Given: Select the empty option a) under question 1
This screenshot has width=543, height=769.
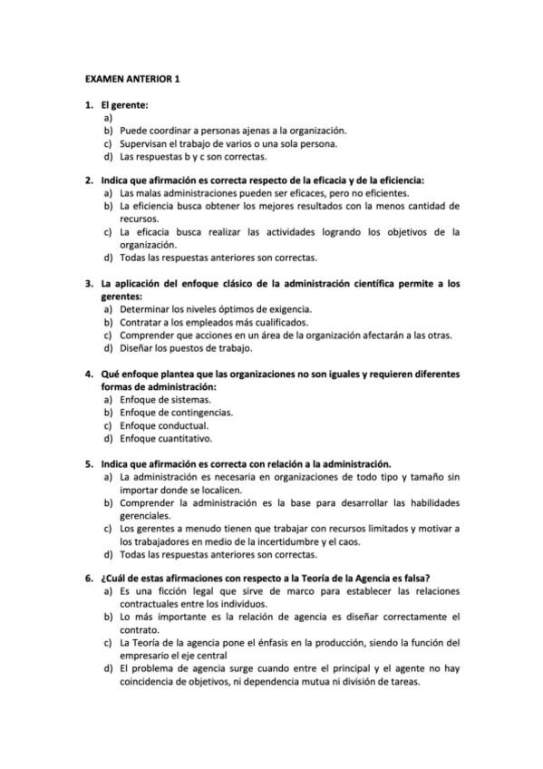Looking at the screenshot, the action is [x=108, y=118].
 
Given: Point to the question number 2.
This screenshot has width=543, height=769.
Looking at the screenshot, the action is [x=89, y=180].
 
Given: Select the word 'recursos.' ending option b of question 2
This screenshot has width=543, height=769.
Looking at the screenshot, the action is [x=140, y=219].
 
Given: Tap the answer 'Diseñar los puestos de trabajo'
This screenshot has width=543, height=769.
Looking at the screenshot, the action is [x=186, y=347].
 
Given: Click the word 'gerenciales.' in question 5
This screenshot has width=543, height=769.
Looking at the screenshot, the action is [x=146, y=515].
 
